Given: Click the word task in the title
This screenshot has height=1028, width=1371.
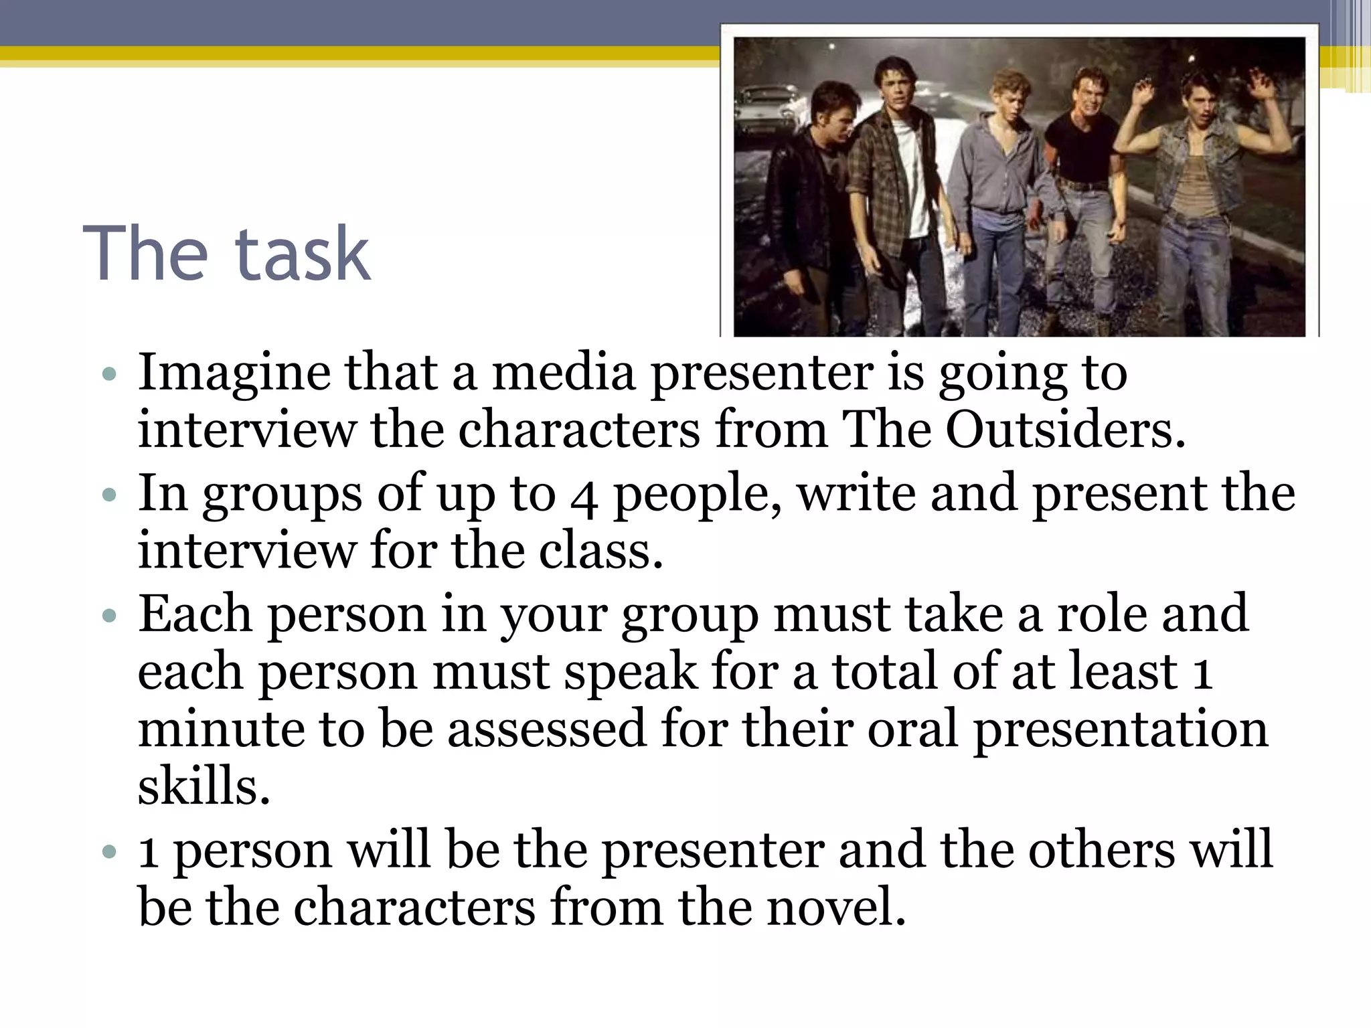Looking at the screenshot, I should pyautogui.click(x=303, y=254).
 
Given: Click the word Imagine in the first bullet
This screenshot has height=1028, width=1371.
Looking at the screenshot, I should pyautogui.click(x=234, y=373).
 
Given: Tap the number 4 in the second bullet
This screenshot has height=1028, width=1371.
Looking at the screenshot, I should pyautogui.click(x=584, y=496).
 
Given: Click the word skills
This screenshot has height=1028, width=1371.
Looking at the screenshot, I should pyautogui.click(x=204, y=786).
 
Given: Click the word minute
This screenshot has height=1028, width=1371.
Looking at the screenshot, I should pyautogui.click(x=221, y=730).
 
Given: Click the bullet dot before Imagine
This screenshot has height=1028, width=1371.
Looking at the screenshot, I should pyautogui.click(x=110, y=373).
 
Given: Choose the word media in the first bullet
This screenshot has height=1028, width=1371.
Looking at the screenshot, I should pyautogui.click(x=564, y=373).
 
